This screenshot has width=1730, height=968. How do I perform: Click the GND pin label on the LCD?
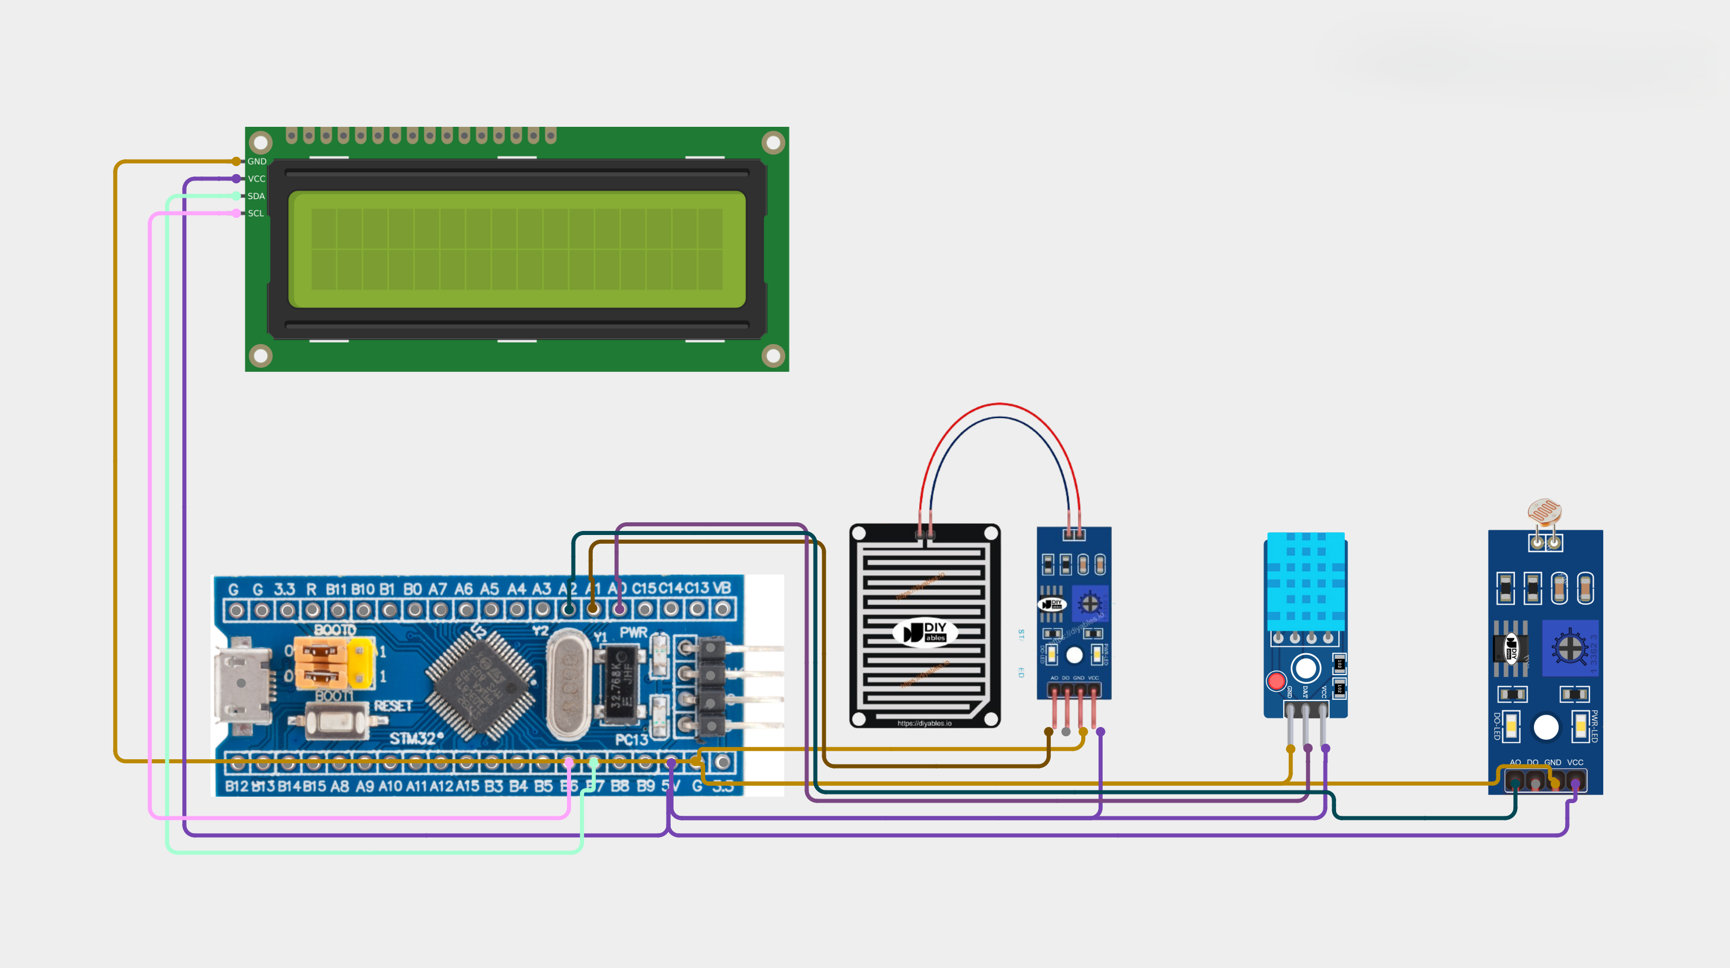click(257, 162)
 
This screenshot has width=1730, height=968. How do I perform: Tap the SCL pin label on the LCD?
click(256, 213)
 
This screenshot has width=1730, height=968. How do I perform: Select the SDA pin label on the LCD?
click(256, 196)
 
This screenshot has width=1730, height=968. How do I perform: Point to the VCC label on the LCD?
click(257, 179)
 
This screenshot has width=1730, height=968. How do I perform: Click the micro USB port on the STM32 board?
click(242, 683)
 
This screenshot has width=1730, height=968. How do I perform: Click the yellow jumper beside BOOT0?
click(362, 662)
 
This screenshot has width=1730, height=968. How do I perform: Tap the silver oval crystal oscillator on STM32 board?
click(569, 683)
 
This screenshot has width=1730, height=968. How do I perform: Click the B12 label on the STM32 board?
click(236, 786)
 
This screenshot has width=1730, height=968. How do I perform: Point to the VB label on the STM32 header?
click(721, 588)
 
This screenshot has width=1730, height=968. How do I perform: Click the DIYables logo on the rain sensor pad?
click(925, 632)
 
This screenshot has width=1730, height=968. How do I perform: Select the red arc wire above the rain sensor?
click(999, 404)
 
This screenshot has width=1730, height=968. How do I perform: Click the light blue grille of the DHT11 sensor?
click(1306, 581)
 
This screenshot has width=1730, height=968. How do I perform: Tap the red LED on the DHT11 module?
click(1276, 681)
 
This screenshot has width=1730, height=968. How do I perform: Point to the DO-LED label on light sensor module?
click(1496, 726)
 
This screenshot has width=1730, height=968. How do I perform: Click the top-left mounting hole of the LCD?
click(261, 142)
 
